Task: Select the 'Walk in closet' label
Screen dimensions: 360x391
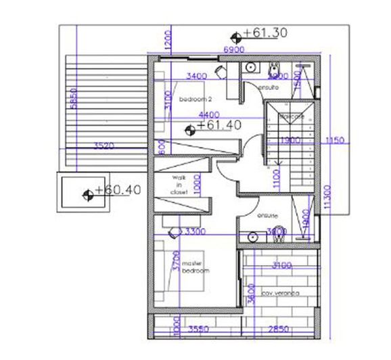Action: pyautogui.click(x=179, y=185)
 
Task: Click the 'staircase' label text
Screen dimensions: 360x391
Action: pyautogui.click(x=289, y=116)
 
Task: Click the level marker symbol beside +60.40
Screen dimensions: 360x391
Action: pyautogui.click(x=87, y=196)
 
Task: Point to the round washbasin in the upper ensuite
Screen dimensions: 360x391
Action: pyautogui.click(x=250, y=68)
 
